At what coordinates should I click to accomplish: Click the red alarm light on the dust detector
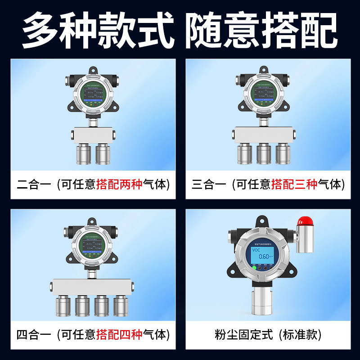point(304,220)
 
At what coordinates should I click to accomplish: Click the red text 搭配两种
point(119,184)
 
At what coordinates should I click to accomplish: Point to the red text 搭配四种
point(119,334)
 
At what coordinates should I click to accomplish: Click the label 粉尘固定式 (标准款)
point(268,334)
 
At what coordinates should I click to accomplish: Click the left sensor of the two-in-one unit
point(84,153)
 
